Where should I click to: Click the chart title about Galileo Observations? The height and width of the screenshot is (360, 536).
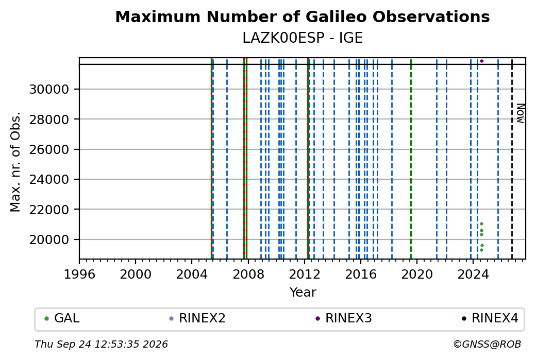pyautogui.click(x=303, y=16)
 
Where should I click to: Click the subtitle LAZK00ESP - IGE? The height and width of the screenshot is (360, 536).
pyautogui.click(x=303, y=38)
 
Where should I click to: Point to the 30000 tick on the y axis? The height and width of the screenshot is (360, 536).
pyautogui.click(x=49, y=90)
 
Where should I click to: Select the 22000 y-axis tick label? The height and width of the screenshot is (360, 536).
pyautogui.click(x=49, y=210)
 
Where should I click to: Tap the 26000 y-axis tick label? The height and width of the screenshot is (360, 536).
pyautogui.click(x=49, y=149)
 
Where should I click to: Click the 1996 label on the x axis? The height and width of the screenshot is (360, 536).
pyautogui.click(x=79, y=275)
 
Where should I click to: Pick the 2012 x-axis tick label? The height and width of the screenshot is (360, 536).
pyautogui.click(x=305, y=275)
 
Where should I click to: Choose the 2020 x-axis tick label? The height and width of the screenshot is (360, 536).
pyautogui.click(x=417, y=275)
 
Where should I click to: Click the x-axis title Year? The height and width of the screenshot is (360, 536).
pyautogui.click(x=303, y=293)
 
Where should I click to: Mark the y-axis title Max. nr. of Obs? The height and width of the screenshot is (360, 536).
pyautogui.click(x=15, y=162)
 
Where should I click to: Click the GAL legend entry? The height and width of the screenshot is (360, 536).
pyautogui.click(x=62, y=318)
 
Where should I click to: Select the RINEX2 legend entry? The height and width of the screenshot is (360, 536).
pyautogui.click(x=197, y=318)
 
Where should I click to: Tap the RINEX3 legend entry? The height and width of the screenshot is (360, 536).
pyautogui.click(x=344, y=318)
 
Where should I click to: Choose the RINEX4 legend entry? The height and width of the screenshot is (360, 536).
pyautogui.click(x=490, y=318)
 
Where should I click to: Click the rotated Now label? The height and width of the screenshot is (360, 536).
pyautogui.click(x=520, y=113)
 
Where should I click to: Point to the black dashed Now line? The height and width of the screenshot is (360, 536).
pyautogui.click(x=512, y=159)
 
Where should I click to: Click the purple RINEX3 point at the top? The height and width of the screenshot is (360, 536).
pyautogui.click(x=482, y=61)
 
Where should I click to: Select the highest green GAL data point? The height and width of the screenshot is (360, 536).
pyautogui.click(x=482, y=224)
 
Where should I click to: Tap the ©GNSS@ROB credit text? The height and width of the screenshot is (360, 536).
pyautogui.click(x=487, y=344)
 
